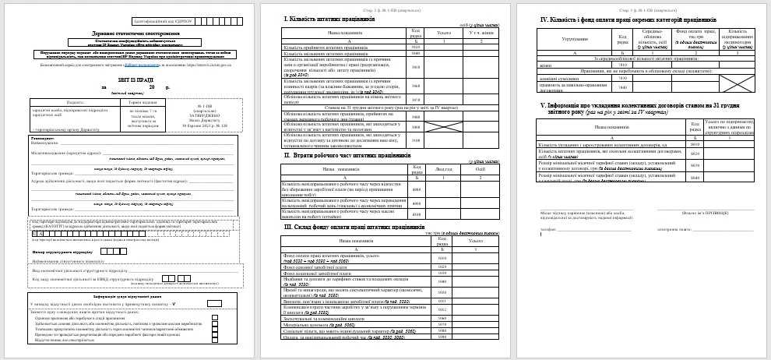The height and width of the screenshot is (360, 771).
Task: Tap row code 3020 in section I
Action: pos(415,46)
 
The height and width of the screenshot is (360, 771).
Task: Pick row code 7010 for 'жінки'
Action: pos(622,64)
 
